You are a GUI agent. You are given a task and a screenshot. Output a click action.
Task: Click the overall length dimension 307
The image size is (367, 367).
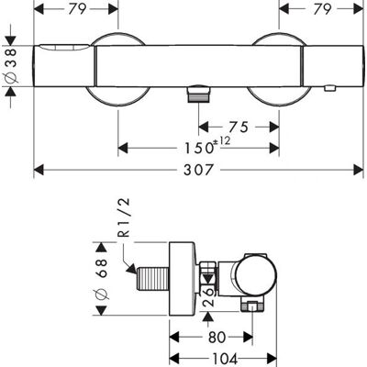(197, 170)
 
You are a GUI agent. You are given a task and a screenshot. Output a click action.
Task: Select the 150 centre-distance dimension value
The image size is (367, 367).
(198, 149)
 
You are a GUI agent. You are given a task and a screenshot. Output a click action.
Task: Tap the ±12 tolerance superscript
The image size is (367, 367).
(222, 141)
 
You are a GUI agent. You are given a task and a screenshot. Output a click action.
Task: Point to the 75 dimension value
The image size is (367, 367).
(239, 127)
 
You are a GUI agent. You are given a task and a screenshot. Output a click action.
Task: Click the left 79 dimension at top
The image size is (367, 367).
(76, 9)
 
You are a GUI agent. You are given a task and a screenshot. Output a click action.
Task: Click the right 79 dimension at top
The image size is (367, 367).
(321, 9)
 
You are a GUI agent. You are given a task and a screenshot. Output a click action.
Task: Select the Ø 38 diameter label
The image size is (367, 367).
(12, 66)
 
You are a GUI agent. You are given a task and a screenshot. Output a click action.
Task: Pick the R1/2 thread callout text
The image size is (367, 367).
(125, 217)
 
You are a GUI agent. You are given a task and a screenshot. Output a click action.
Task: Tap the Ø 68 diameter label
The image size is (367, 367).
(102, 279)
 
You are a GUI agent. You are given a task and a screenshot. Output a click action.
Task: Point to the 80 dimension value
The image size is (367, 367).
(217, 338)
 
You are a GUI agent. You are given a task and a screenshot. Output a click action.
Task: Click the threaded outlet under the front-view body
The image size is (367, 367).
(198, 94)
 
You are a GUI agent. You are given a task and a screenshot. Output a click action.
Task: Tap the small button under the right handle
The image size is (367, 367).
(329, 89)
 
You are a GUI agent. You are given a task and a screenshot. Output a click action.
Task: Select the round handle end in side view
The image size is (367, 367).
(256, 275)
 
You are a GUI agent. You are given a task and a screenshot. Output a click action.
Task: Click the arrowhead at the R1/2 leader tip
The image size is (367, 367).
(132, 269)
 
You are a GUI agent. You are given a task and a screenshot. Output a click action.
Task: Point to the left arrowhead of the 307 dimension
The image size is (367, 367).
(39, 170)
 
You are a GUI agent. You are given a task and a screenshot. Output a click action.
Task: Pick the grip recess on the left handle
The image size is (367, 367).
(65, 48)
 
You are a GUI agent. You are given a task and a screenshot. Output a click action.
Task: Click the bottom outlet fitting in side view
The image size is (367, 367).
(252, 305)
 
